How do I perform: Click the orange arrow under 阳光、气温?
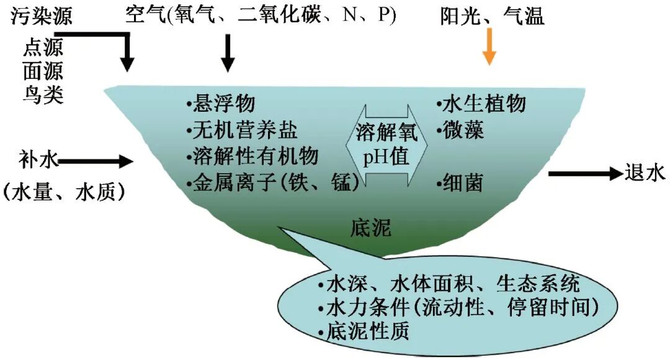pyautogui.click(x=489, y=50)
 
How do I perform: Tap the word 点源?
pyautogui.click(x=42, y=47)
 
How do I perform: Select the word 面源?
pyautogui.click(x=42, y=71)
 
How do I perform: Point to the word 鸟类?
pyautogui.click(x=42, y=95)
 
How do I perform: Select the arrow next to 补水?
pyautogui.click(x=96, y=161)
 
